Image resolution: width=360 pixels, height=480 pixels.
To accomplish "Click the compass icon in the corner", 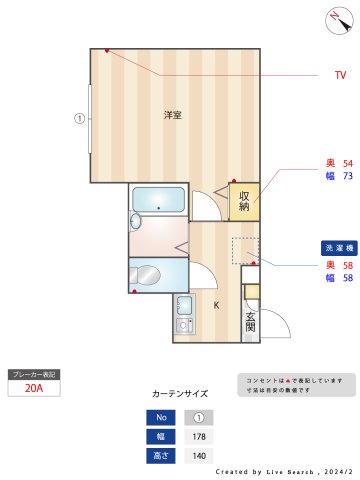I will point(334,18).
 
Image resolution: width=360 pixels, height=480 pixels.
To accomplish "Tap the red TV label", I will point(340,75).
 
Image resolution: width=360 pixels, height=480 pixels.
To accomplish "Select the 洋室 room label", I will point(173,115).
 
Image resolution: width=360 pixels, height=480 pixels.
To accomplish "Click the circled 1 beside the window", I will point(79,117).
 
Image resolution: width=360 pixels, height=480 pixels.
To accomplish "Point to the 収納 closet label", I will point(244,201).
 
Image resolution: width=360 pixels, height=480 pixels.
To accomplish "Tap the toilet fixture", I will point(146,275).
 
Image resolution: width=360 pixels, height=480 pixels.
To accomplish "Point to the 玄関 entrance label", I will point(250,320).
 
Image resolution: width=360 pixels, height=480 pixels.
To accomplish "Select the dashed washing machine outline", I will point(244,251).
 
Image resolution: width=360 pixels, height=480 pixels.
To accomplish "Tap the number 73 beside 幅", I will point(348,176).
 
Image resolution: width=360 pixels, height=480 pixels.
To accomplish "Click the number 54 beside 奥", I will point(348,162).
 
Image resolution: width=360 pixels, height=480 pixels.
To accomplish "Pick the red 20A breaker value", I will point(33,388).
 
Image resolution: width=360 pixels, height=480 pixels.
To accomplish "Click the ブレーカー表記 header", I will point(33,374).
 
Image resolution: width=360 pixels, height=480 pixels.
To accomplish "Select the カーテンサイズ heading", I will point(180,394).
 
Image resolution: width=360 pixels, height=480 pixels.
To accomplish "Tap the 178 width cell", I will point(198,436).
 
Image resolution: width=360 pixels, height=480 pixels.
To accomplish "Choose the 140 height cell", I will point(198,455).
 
